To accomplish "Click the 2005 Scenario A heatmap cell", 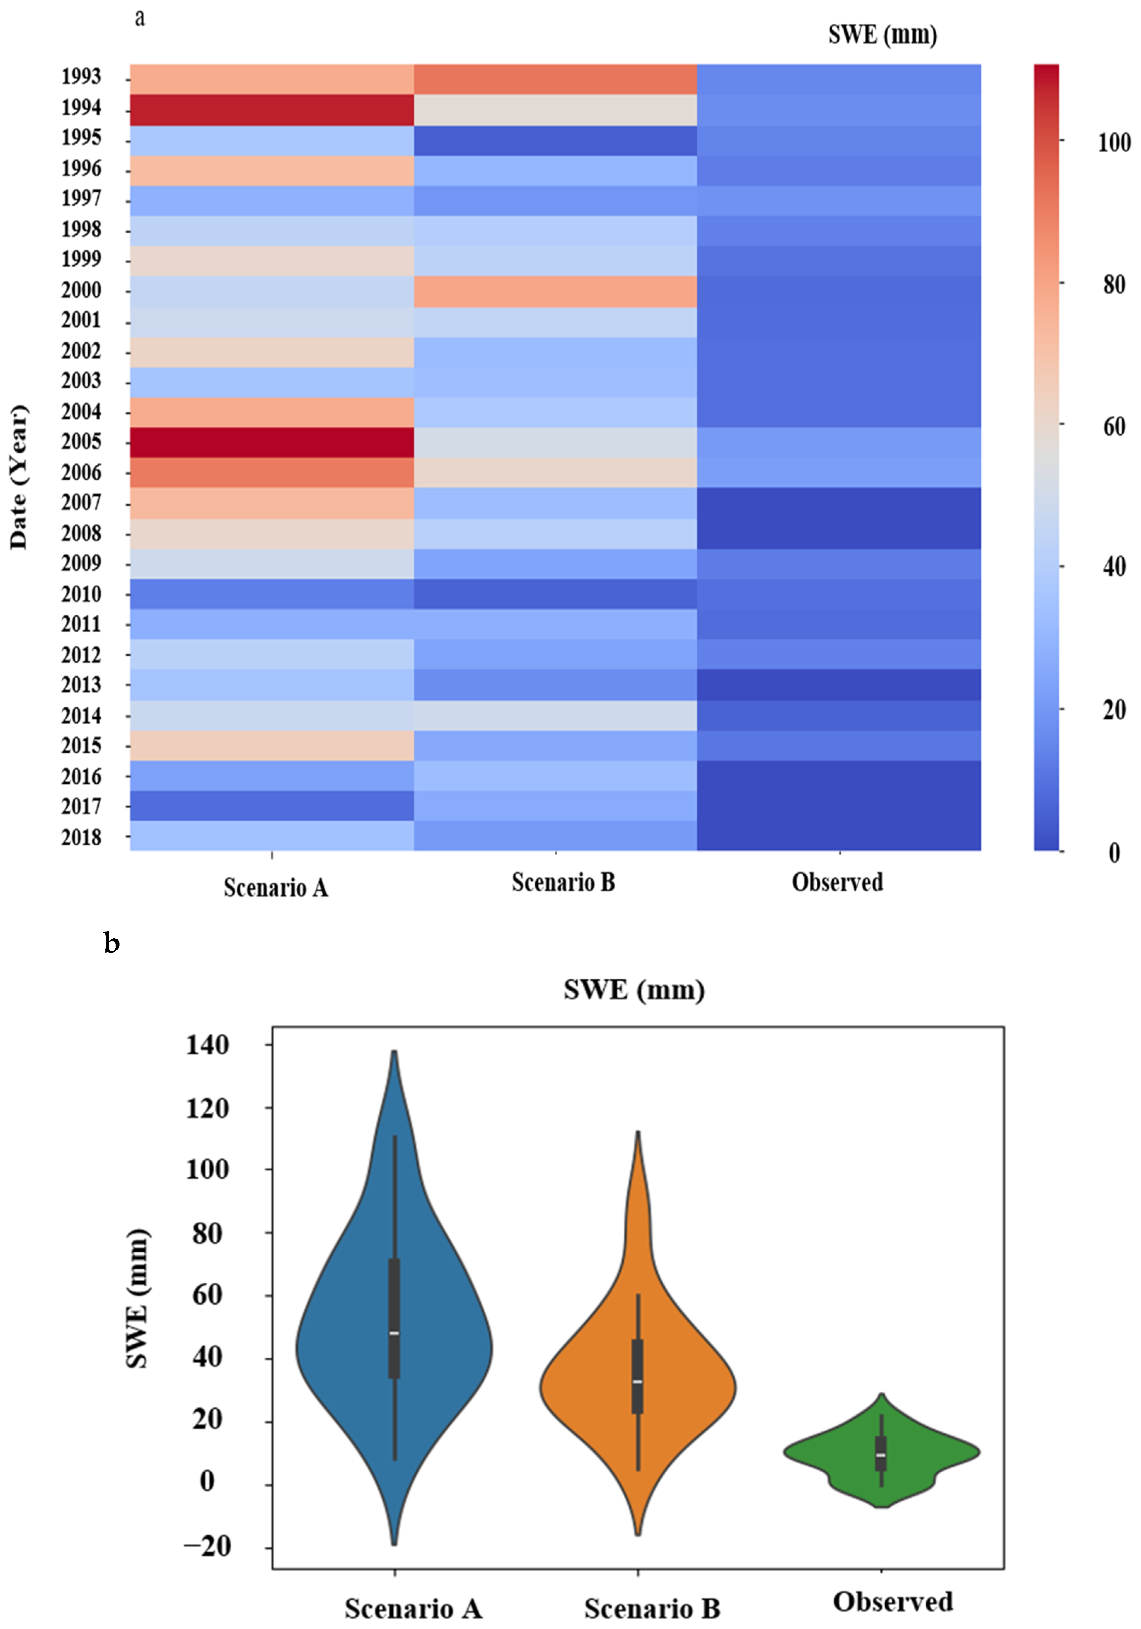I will (272, 442).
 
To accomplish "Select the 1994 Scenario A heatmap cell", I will (272, 110).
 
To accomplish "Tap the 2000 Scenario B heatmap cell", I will (555, 291).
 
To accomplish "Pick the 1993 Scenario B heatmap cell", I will (555, 79).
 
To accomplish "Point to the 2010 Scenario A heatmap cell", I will (272, 594).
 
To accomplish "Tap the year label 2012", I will (81, 655).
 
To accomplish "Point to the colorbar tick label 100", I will (1114, 143).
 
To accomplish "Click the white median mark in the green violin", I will (881, 1455).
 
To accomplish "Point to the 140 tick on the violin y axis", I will (207, 1045).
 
